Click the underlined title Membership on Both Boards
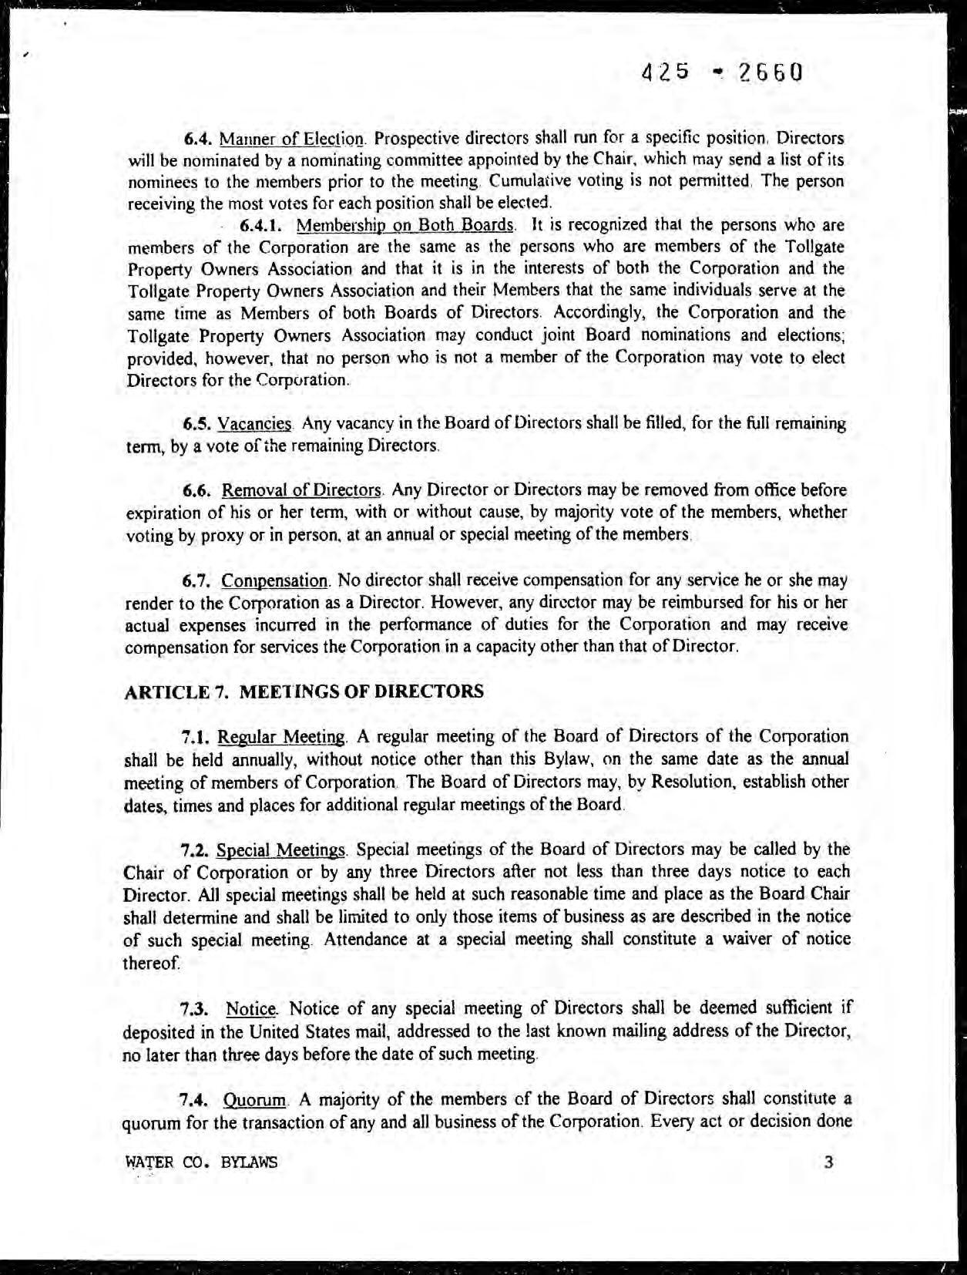pyautogui.click(x=405, y=226)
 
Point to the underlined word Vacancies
pyautogui.click(x=255, y=424)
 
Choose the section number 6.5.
pyautogui.click(x=197, y=424)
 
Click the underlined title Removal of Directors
pyautogui.click(x=302, y=490)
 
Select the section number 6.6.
pyautogui.click(x=198, y=490)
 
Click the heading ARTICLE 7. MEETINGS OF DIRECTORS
pyautogui.click(x=304, y=691)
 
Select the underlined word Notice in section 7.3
pyautogui.click(x=250, y=1008)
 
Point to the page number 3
pyautogui.click(x=828, y=1162)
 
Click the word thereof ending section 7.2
pyautogui.click(x=151, y=963)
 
